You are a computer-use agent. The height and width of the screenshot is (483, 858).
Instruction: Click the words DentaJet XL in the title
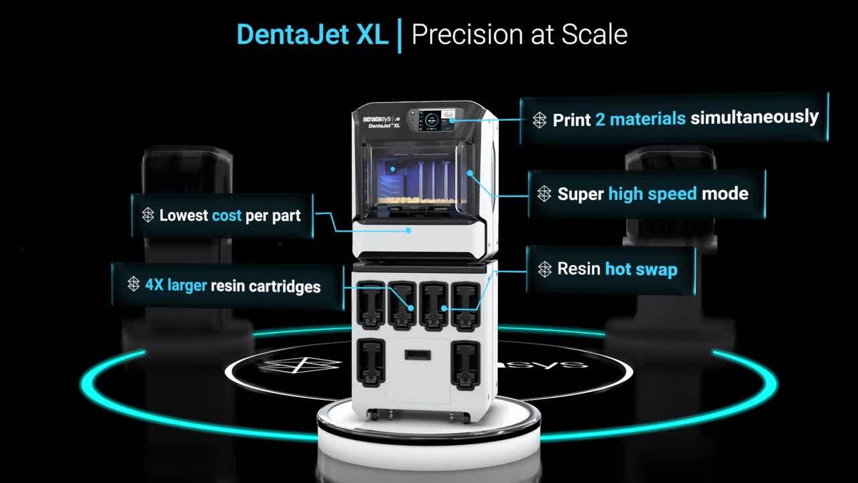pos(312,34)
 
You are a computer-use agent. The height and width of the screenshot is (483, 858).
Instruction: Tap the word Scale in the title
pos(595,34)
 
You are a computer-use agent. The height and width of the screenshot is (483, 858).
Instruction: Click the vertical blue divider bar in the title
pos(400,36)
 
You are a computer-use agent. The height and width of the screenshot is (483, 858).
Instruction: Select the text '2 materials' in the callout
pos(640,119)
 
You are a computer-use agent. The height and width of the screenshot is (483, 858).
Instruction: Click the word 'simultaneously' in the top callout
pos(754,117)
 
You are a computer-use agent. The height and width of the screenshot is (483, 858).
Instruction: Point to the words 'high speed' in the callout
pos(652,194)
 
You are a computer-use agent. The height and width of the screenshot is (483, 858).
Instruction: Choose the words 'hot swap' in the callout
pos(641,269)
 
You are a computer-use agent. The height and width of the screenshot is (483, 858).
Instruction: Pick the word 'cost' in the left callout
pos(227,216)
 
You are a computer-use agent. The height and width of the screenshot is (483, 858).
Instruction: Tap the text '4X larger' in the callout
pos(176,285)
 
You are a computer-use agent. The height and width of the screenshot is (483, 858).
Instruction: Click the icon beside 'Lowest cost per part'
pos(148,215)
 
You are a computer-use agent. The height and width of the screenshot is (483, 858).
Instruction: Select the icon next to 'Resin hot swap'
pos(545,269)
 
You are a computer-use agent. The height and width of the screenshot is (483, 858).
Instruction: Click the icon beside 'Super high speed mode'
pos(544,194)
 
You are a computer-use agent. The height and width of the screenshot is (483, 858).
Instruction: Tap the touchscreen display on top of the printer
pos(431,120)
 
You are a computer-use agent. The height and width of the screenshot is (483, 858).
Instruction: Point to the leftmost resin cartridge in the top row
pos(371,305)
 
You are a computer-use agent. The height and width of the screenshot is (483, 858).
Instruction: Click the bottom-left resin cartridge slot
pos(371,363)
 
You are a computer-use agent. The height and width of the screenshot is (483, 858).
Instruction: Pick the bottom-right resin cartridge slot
pos(465,366)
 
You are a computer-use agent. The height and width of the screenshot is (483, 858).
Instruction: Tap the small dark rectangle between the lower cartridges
pos(418,355)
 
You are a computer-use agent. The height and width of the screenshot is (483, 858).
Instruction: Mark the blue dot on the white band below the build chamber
pos(409,230)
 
